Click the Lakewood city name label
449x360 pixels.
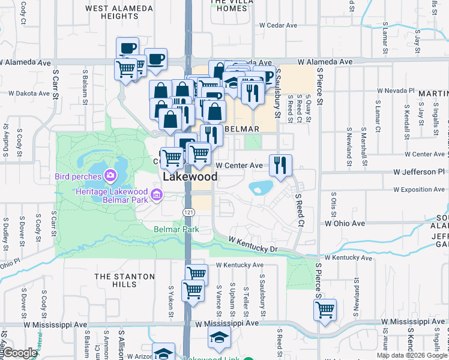[189, 178]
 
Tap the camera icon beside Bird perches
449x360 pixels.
[110, 176]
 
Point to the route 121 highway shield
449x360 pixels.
[188, 212]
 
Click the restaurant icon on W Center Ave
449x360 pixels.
[280, 165]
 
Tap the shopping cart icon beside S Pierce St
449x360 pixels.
[325, 310]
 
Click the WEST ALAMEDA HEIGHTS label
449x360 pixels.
[112, 12]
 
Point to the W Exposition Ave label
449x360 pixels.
[419, 190]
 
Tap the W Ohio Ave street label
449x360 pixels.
[345, 223]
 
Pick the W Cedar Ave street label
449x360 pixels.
[278, 26]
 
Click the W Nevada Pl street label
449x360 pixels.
[396, 91]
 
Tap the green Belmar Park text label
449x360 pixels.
[176, 229]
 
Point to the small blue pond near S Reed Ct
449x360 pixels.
[262, 188]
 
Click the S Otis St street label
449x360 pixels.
[335, 206]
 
